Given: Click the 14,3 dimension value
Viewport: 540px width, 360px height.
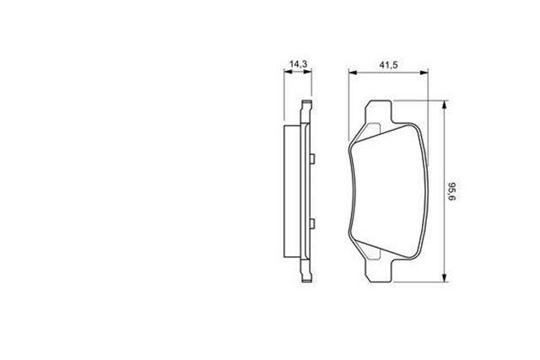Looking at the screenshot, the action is [x=298, y=64].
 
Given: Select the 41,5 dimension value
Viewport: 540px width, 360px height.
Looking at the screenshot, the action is [x=388, y=65].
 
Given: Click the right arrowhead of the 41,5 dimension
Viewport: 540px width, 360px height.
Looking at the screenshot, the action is [x=424, y=73].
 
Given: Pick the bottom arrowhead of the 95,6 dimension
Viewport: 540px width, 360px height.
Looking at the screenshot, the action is [x=445, y=277].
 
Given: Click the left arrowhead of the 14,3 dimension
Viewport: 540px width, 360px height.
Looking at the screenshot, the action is [x=288, y=72].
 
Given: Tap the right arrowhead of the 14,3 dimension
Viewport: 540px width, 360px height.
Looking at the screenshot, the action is [x=307, y=72].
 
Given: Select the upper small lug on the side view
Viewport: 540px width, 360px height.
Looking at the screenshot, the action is [x=312, y=159].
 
